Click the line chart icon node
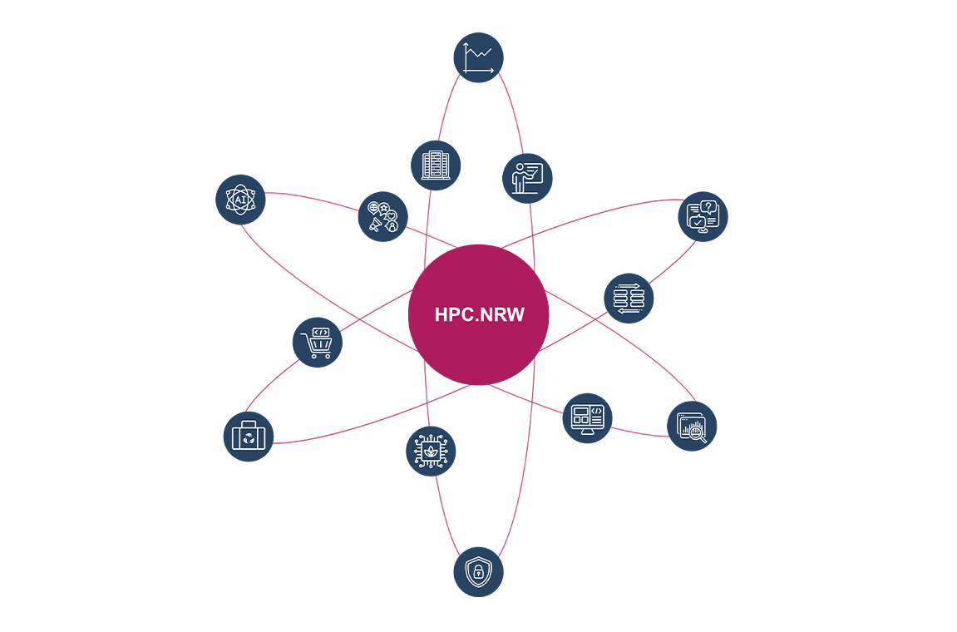(478, 57)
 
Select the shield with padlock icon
(478, 571)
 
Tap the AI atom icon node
(240, 200)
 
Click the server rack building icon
(436, 165)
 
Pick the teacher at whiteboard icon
(527, 178)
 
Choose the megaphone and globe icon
(383, 216)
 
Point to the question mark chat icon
(703, 216)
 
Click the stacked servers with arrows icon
(629, 298)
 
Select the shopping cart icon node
(318, 343)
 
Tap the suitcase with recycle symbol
(249, 436)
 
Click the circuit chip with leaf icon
(431, 451)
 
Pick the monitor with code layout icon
(587, 417)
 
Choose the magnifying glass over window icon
(692, 426)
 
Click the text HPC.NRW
(479, 315)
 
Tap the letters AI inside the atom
(240, 200)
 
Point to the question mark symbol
(708, 207)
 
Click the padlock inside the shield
(478, 572)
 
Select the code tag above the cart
(320, 332)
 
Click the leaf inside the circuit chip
(431, 451)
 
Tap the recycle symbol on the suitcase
(249, 438)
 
